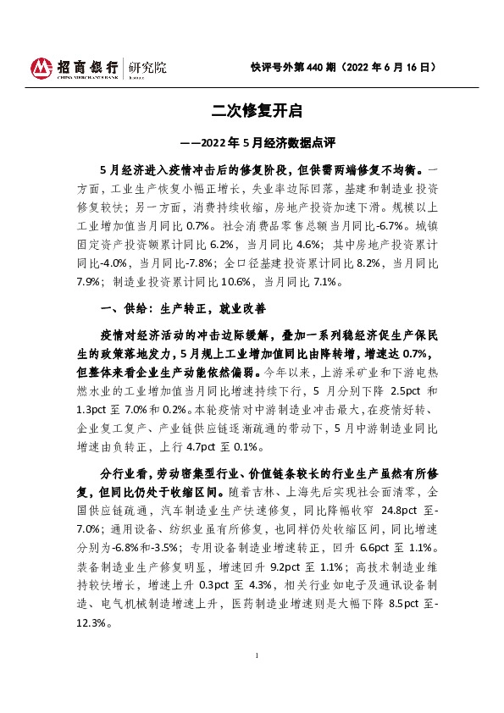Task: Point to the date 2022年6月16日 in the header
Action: (x=393, y=67)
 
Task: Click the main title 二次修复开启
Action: (x=252, y=110)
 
